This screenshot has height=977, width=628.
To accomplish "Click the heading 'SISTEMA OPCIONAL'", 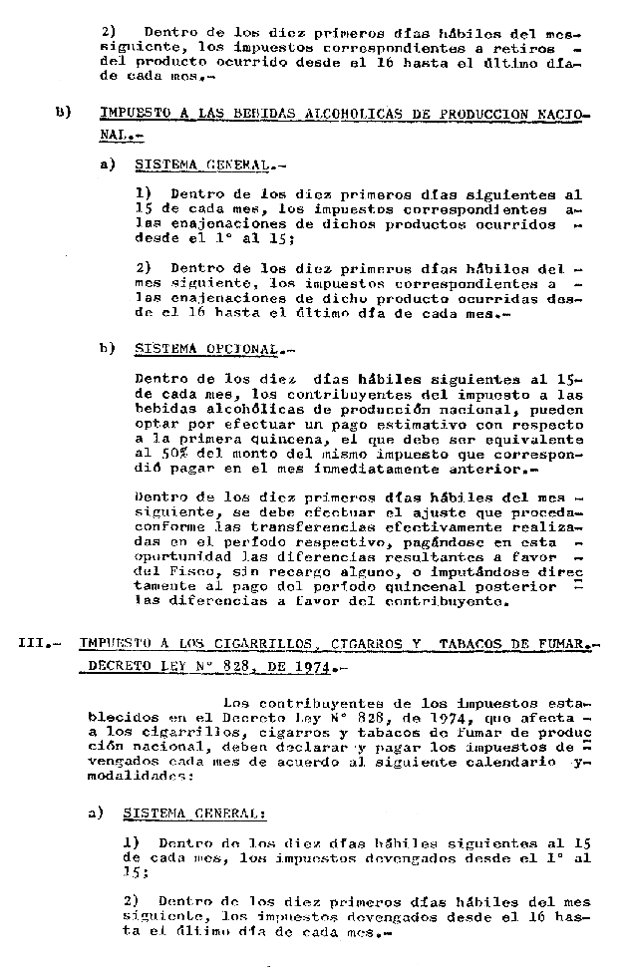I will click(x=206, y=350).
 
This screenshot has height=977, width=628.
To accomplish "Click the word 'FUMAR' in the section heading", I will click(x=557, y=643).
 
